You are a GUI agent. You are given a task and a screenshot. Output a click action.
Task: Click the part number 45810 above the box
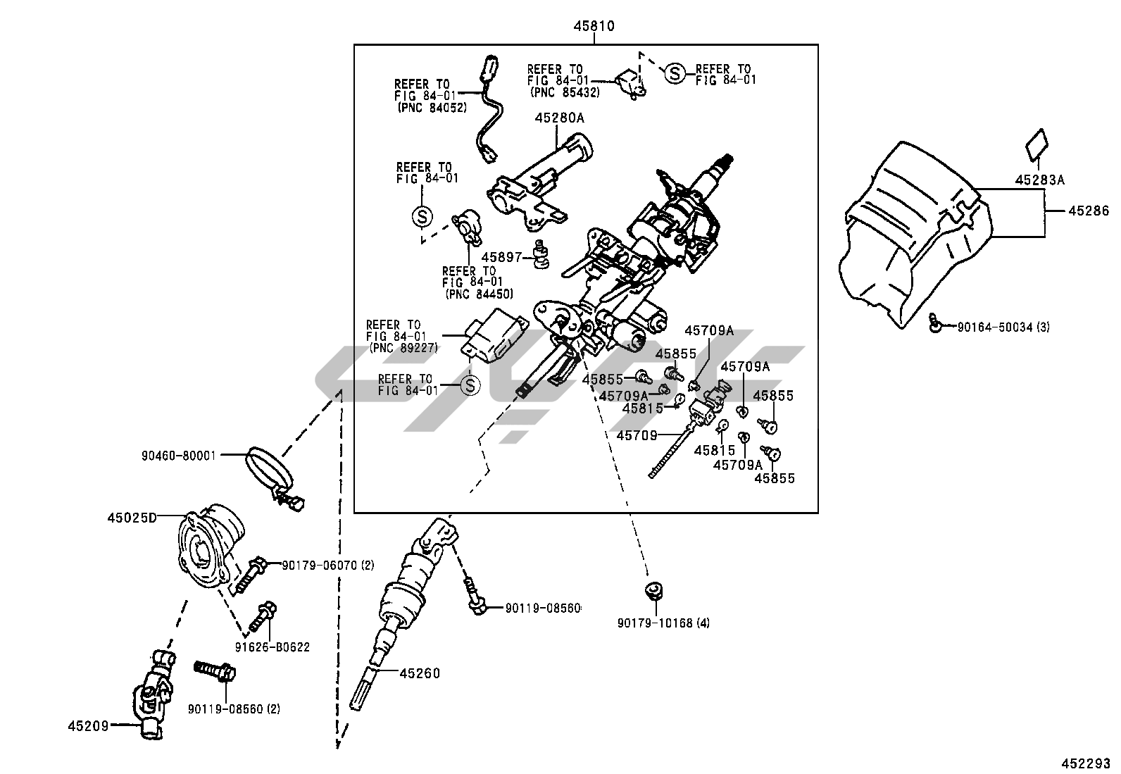[x=594, y=27]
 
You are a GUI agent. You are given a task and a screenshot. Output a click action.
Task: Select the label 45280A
[x=559, y=118]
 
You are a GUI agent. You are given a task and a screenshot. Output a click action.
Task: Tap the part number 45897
[x=500, y=258]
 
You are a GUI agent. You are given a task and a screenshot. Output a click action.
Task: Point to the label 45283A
[x=1039, y=180]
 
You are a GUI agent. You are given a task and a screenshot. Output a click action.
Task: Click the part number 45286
[x=1088, y=211]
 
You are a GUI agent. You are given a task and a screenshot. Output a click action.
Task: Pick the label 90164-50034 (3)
[x=1003, y=327]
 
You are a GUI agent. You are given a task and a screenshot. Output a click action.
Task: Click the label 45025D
[x=132, y=518]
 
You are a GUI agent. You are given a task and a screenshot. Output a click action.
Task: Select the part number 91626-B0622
[x=272, y=647]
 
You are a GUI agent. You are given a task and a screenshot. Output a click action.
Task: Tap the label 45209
[x=88, y=725]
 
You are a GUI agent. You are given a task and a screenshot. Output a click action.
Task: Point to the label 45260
[x=420, y=673]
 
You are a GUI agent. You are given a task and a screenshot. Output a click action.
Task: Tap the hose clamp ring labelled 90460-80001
[x=266, y=468]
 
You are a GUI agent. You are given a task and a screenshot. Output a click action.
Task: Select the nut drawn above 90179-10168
[x=655, y=590]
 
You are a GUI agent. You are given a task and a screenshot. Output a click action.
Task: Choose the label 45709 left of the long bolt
[x=637, y=436]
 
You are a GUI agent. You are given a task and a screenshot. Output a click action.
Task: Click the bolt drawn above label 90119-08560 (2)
[x=214, y=671]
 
